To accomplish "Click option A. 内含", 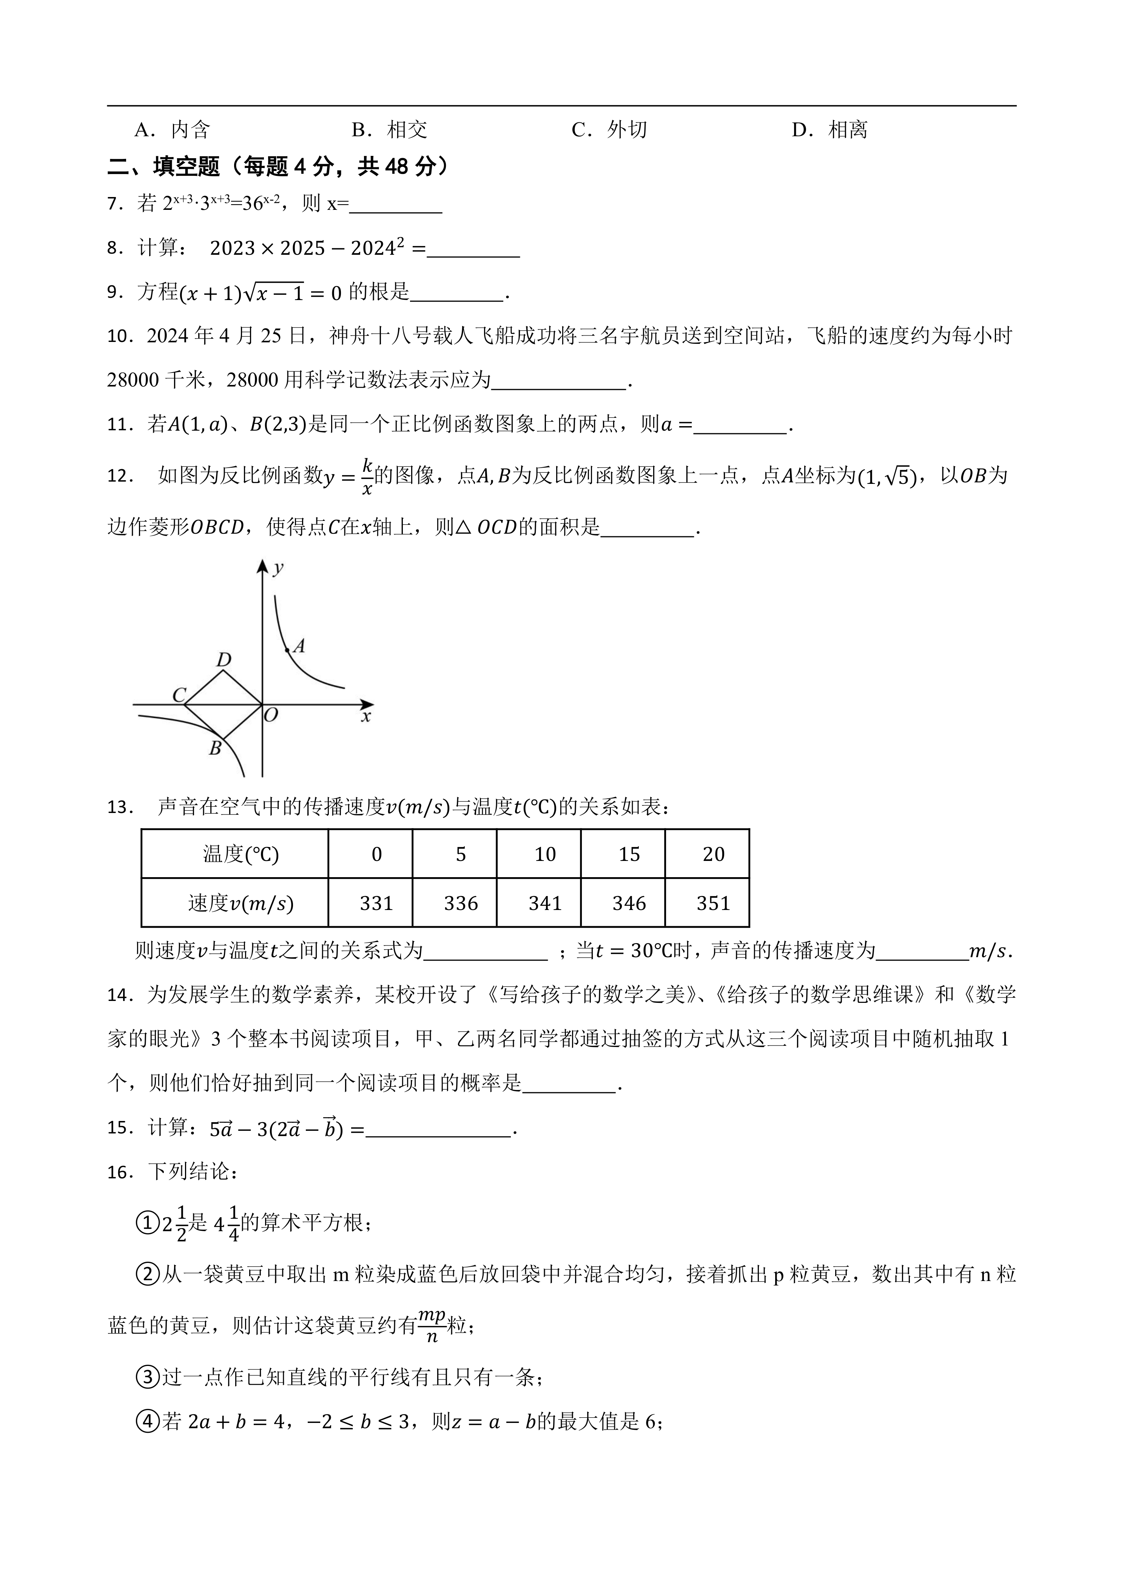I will click(172, 129).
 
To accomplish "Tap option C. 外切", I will click(609, 129).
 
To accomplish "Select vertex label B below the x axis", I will click(215, 748).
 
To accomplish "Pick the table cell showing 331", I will click(376, 903).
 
